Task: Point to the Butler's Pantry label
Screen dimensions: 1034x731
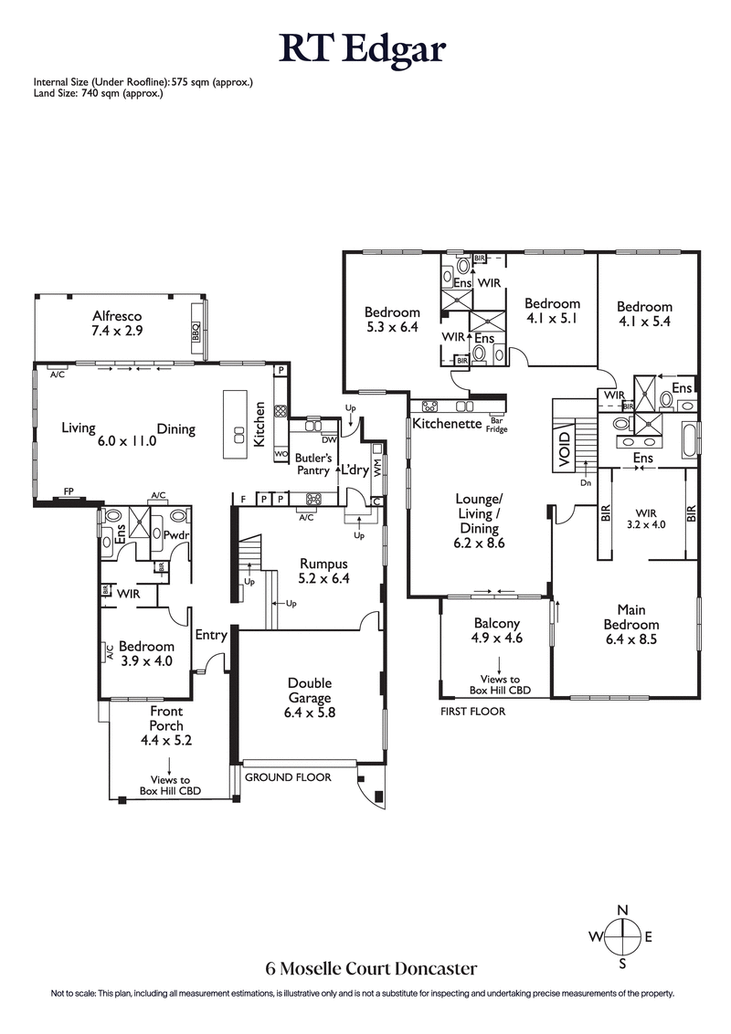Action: (x=313, y=463)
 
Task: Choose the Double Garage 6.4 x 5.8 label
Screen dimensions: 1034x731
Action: (x=310, y=698)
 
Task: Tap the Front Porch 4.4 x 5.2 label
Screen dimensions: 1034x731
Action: (x=165, y=725)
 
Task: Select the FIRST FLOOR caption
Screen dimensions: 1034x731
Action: (x=472, y=710)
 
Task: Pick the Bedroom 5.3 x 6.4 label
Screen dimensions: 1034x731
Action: (x=392, y=320)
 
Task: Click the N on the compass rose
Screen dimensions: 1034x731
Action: (x=622, y=910)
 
